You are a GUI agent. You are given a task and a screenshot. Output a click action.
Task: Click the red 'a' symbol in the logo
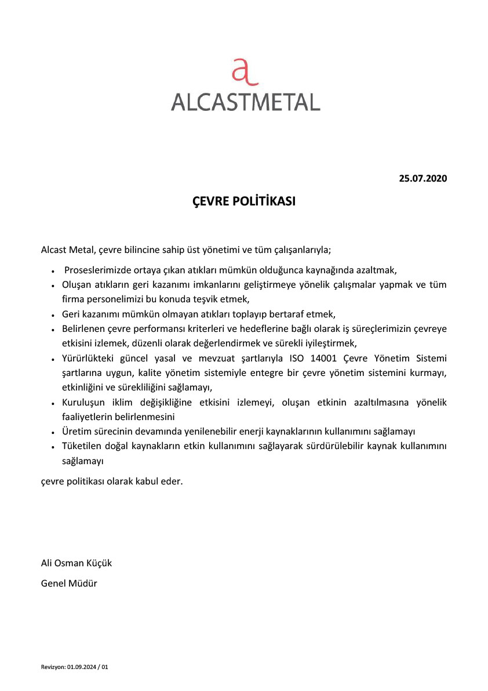[244, 73]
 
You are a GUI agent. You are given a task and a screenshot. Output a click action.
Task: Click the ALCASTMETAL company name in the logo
[245, 102]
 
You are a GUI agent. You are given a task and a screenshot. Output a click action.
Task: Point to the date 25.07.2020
[423, 178]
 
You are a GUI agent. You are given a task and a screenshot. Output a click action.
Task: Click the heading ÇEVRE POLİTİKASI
[244, 201]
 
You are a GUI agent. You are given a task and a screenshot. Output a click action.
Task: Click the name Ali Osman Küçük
[77, 563]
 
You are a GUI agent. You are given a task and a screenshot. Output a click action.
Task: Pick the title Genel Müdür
[69, 583]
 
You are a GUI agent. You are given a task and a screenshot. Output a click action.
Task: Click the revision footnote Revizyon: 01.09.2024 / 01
[75, 667]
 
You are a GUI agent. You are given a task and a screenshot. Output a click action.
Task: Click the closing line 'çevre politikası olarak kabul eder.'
[112, 481]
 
